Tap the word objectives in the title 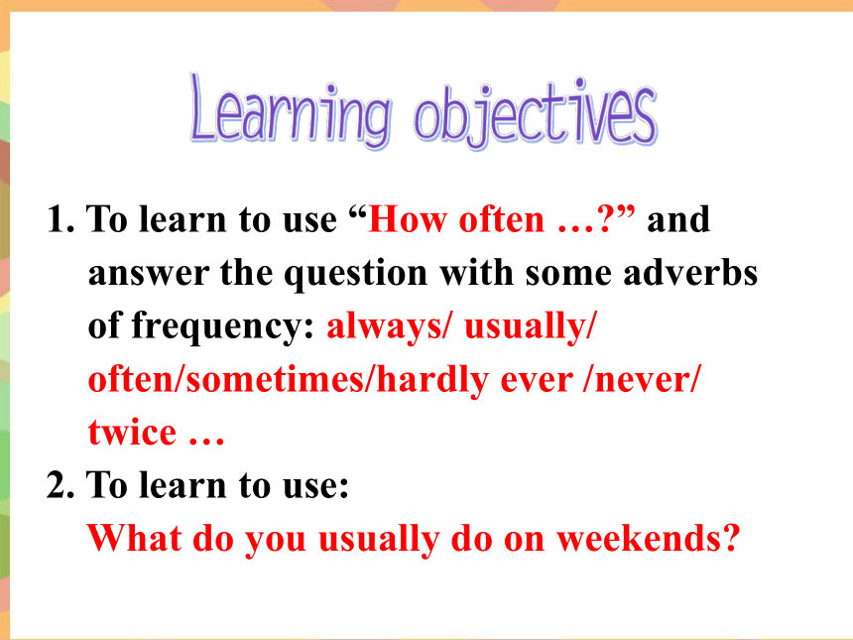point(536,113)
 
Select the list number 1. point(61,219)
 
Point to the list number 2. point(61,485)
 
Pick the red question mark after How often point(605,219)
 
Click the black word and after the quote point(678,219)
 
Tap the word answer point(149,273)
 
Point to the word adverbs point(690,272)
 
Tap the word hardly point(432,379)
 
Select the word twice point(132,432)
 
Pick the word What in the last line point(134,538)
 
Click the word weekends point(639,538)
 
